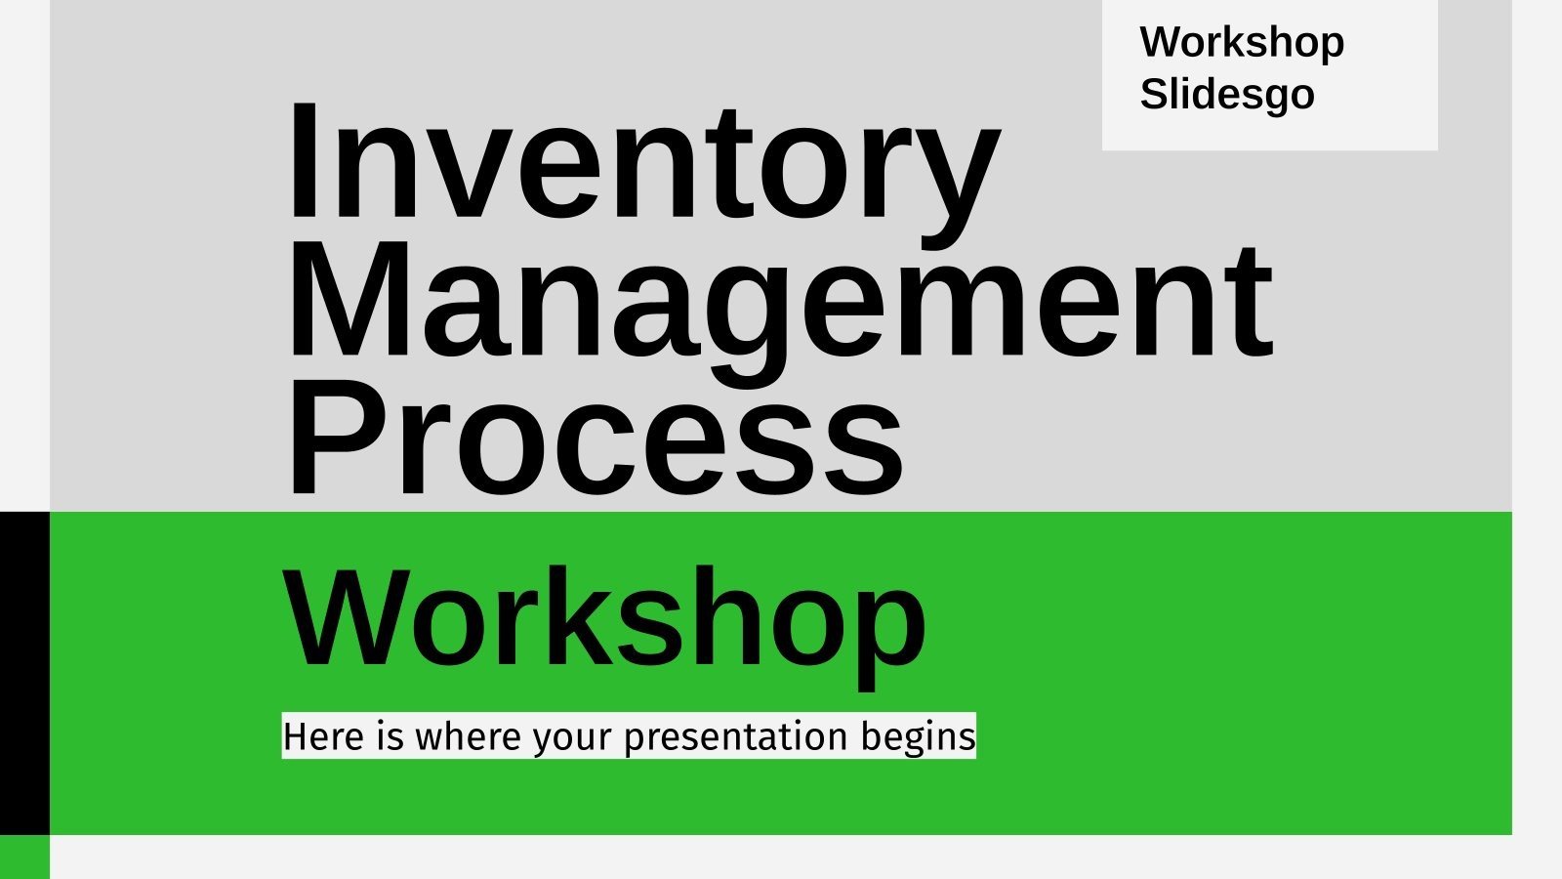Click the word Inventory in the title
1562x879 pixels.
click(642, 161)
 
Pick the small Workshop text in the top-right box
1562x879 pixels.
click(1242, 43)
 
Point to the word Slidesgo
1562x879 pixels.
click(1227, 95)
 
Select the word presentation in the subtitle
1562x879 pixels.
click(736, 736)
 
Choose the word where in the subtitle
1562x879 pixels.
click(468, 735)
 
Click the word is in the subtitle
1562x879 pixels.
click(390, 735)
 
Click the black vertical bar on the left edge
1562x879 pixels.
click(24, 673)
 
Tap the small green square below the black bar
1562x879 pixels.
click(24, 857)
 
